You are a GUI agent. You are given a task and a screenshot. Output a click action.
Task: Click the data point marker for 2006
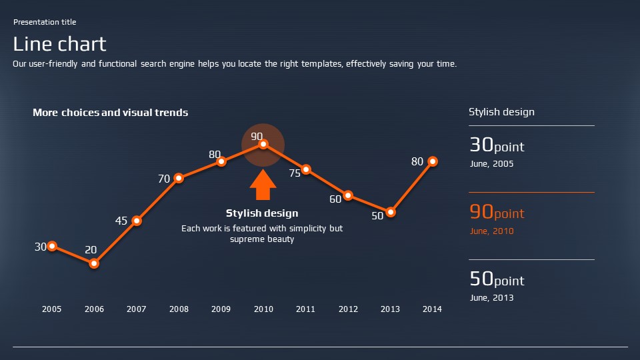(x=94, y=263)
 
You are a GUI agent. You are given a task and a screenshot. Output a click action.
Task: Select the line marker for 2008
(x=179, y=178)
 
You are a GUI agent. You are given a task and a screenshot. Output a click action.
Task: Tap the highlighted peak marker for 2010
(x=263, y=144)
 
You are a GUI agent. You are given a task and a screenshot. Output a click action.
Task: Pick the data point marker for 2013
(x=391, y=213)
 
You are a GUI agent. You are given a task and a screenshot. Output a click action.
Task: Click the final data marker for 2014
(x=433, y=161)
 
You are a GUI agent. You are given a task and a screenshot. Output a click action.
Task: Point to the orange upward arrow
(x=263, y=185)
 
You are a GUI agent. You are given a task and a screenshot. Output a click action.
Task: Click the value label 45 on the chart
(x=121, y=221)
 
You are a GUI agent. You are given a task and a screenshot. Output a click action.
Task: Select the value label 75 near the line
(x=295, y=173)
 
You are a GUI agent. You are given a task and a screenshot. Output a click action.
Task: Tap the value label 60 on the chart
(x=335, y=199)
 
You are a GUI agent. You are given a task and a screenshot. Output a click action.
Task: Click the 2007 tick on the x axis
(x=137, y=309)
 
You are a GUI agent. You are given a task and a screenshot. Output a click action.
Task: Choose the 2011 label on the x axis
(x=305, y=309)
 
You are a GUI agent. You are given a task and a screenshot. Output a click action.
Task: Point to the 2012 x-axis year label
(x=348, y=309)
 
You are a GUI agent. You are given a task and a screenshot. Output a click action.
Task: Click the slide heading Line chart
(x=60, y=44)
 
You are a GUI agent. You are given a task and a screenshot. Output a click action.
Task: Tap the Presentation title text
(x=45, y=22)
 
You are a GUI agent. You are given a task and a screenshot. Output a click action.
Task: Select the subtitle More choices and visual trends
(x=111, y=113)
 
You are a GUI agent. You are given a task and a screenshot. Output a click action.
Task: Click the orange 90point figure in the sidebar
(x=497, y=213)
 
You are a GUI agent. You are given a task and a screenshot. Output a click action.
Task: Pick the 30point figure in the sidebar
(x=497, y=145)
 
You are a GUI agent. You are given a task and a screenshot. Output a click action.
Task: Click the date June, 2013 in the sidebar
(x=492, y=298)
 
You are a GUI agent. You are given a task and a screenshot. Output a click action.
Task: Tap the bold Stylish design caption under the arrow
(x=262, y=213)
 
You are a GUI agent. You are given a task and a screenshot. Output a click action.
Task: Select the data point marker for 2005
(x=52, y=247)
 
